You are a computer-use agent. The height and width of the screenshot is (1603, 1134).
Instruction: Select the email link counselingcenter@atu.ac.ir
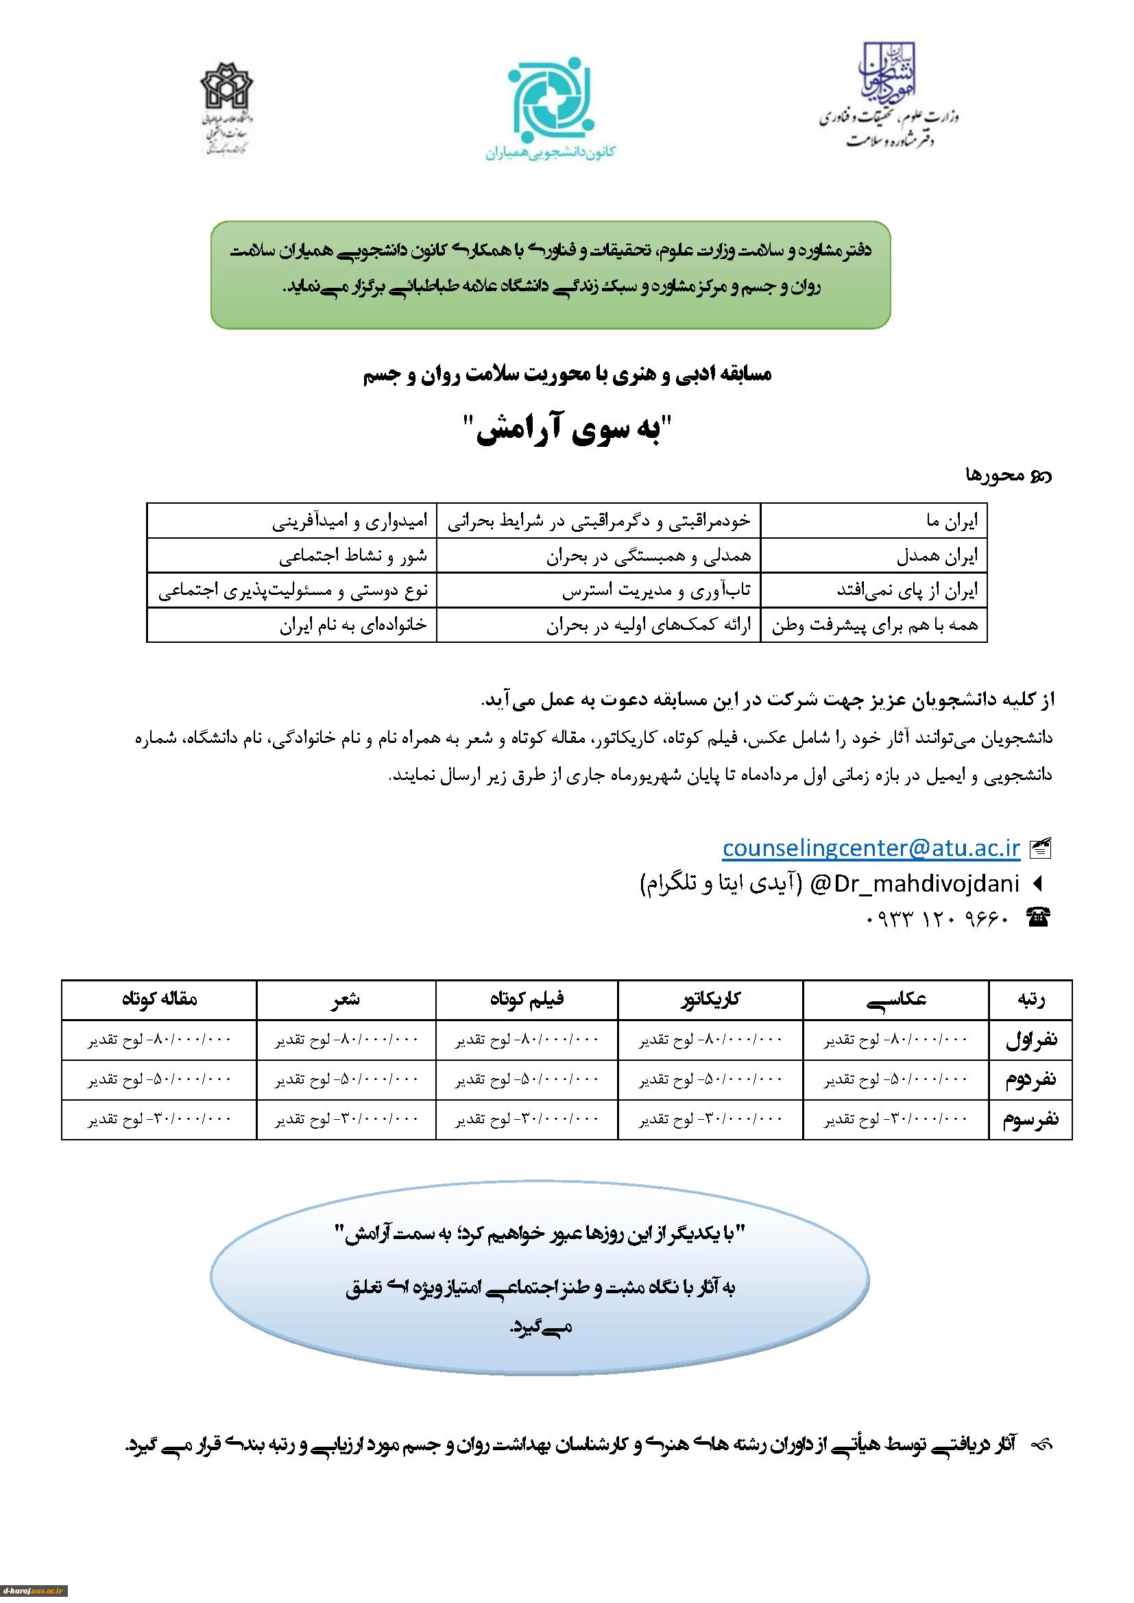pos(871,848)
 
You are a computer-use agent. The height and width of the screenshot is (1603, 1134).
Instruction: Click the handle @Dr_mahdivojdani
pos(914,883)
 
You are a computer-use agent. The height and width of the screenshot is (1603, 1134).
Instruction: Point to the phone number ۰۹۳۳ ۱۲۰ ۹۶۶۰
pos(937,918)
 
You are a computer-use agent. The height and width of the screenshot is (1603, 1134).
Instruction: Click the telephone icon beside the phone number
pos(1038,918)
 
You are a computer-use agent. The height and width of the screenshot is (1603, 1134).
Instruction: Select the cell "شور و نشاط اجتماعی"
pos(352,556)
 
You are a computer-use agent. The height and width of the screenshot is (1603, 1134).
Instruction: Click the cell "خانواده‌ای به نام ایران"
pos(352,625)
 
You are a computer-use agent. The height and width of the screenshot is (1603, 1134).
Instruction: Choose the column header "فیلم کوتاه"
pos(527,1000)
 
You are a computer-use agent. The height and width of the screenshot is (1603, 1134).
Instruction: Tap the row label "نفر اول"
pos(1030,1040)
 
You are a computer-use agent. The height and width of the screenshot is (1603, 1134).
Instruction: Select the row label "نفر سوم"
pos(1030,1120)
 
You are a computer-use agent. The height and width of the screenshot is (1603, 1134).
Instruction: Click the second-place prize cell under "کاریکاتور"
pos(710,1080)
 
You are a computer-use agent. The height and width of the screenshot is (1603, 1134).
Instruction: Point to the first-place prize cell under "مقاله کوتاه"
pos(158,1040)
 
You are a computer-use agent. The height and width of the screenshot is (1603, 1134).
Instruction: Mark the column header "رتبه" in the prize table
pos(1030,1000)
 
